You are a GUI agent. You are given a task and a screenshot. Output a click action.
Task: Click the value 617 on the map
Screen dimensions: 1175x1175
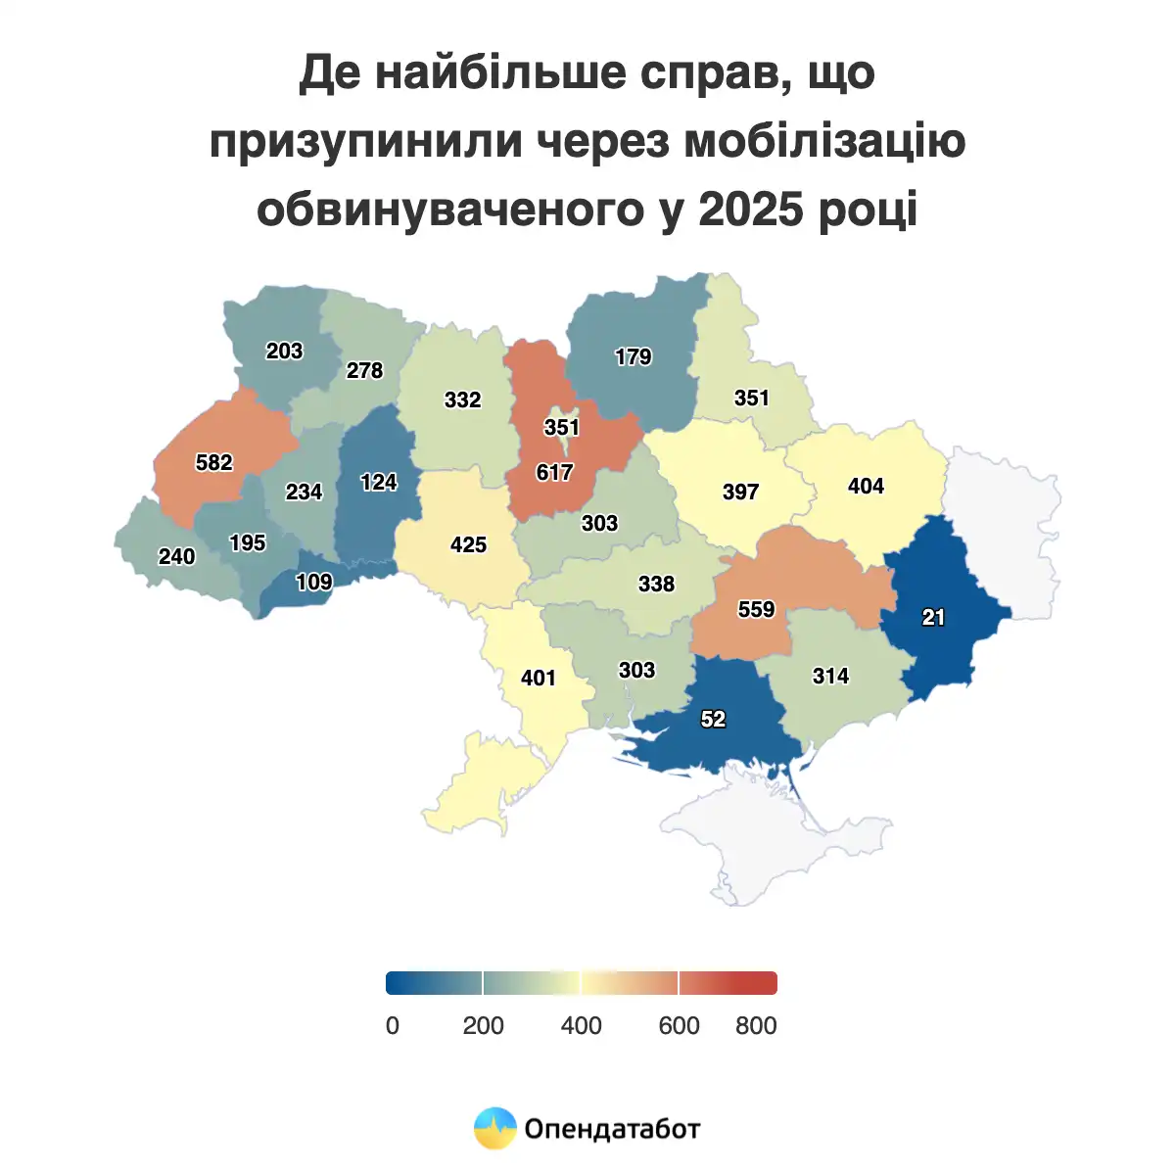(554, 473)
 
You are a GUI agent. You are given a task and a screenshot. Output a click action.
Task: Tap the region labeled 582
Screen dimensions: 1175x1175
(214, 462)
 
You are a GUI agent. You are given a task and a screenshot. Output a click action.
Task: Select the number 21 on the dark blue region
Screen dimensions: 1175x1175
(933, 617)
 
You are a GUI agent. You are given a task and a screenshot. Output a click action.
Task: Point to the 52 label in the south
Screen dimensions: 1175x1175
(713, 720)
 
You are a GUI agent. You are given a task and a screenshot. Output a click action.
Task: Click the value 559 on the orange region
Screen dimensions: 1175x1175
(756, 610)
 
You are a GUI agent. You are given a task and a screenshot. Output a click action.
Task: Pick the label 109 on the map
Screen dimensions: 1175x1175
(314, 583)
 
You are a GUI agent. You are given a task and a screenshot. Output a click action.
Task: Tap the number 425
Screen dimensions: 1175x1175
(468, 544)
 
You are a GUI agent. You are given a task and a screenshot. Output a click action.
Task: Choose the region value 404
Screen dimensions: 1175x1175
(866, 487)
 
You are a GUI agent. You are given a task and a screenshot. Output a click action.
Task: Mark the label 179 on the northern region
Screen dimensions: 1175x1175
(633, 357)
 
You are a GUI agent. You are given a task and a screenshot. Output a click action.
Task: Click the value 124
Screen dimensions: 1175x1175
(379, 483)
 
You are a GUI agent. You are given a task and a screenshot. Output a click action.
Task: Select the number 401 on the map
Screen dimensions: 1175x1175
(539, 678)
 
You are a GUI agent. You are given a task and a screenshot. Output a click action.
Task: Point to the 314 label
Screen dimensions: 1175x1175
(830, 676)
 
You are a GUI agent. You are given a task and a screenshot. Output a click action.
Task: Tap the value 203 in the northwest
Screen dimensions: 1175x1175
(284, 352)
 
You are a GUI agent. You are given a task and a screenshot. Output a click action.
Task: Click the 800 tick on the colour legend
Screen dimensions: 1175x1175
(756, 1026)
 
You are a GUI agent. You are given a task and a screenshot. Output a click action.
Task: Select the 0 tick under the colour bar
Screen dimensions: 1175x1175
(393, 1026)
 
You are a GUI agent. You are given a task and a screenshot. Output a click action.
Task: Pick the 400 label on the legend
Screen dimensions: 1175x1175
(581, 1026)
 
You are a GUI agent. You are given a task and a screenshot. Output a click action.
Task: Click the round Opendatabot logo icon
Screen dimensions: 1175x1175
(494, 1129)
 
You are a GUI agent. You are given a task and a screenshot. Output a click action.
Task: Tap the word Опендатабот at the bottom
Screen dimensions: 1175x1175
(612, 1129)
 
